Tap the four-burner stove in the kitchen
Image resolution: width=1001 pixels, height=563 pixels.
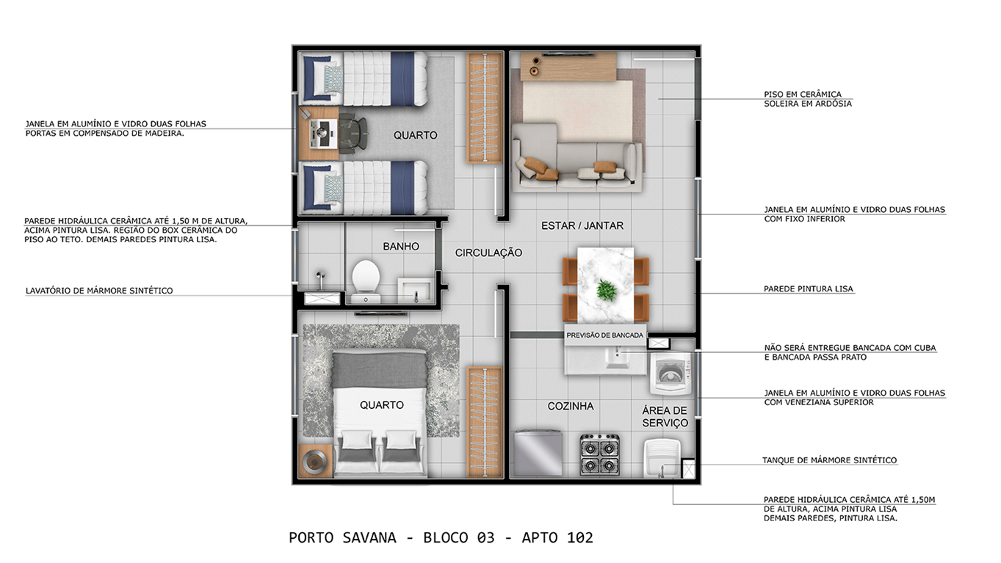point(600,454)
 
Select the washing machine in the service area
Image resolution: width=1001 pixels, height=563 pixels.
point(670,374)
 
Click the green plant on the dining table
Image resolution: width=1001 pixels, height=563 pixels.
point(607,290)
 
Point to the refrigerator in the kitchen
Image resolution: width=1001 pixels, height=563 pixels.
point(538,453)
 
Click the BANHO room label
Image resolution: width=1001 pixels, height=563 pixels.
point(401,247)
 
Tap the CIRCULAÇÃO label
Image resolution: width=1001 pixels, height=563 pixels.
point(488,253)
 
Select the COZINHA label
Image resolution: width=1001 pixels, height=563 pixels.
point(571,407)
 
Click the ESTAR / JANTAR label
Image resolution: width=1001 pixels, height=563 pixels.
point(582,226)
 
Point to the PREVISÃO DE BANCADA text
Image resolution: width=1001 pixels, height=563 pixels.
point(604,335)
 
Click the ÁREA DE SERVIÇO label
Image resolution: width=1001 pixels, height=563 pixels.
point(665,416)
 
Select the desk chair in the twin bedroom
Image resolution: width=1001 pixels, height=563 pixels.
point(353,134)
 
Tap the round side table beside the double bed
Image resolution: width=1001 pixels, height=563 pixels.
point(314,461)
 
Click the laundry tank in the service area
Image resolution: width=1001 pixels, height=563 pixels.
point(662,459)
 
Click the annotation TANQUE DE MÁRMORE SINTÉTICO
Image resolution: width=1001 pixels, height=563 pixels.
point(829,460)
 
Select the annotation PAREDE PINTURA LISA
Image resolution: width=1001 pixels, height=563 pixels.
point(809,289)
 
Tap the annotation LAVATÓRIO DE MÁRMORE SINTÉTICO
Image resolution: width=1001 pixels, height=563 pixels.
point(99,291)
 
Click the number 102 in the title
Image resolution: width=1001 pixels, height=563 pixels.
point(580,538)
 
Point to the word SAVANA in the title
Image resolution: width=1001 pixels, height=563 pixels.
point(369,538)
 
